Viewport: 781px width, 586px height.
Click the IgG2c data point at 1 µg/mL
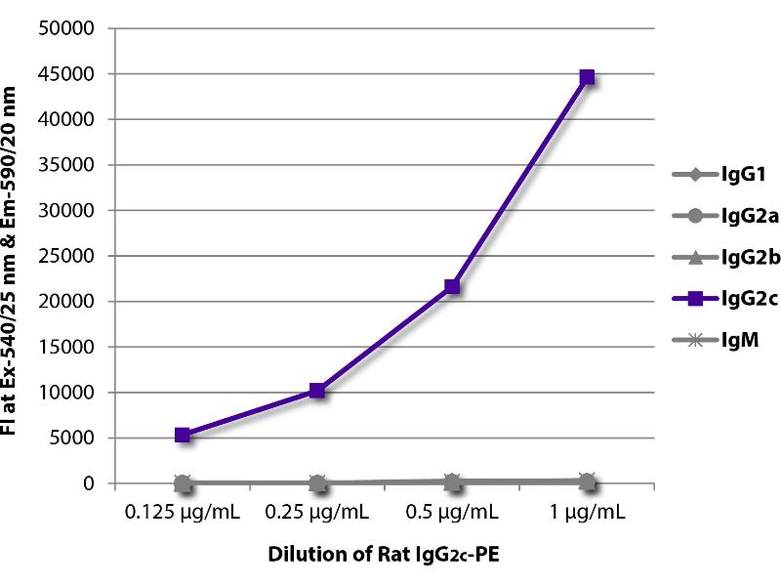587,77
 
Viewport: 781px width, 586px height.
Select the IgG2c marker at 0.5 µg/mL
452,286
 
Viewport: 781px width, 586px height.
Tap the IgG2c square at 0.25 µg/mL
317,391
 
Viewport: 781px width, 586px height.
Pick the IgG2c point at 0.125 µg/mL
183,435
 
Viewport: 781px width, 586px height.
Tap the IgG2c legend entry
723,300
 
